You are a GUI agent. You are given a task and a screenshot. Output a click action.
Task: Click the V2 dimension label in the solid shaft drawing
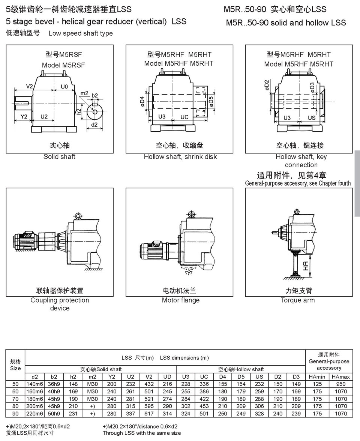30,86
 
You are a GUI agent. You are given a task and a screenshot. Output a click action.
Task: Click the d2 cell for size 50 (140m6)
34,384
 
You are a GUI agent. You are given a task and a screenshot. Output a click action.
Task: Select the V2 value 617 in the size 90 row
149,413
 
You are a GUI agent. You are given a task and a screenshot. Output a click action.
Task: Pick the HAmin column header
317,376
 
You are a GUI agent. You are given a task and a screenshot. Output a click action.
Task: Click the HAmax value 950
340,384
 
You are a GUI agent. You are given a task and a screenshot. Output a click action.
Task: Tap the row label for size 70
15,399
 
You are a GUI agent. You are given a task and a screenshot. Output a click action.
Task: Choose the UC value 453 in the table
204,406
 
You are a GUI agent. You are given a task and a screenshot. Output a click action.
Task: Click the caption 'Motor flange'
181,300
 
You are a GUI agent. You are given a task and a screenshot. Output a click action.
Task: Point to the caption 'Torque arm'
298,300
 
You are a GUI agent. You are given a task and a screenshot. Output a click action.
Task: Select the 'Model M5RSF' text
63,65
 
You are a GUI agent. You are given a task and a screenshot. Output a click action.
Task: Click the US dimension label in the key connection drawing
311,118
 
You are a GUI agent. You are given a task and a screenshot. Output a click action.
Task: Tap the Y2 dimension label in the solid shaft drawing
24,116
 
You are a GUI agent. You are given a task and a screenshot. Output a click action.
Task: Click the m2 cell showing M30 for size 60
92,391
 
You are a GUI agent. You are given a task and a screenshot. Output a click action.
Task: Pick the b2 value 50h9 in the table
54,413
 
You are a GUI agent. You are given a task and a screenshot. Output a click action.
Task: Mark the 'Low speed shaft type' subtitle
81,33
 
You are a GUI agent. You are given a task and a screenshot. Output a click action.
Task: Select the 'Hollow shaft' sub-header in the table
241,369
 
